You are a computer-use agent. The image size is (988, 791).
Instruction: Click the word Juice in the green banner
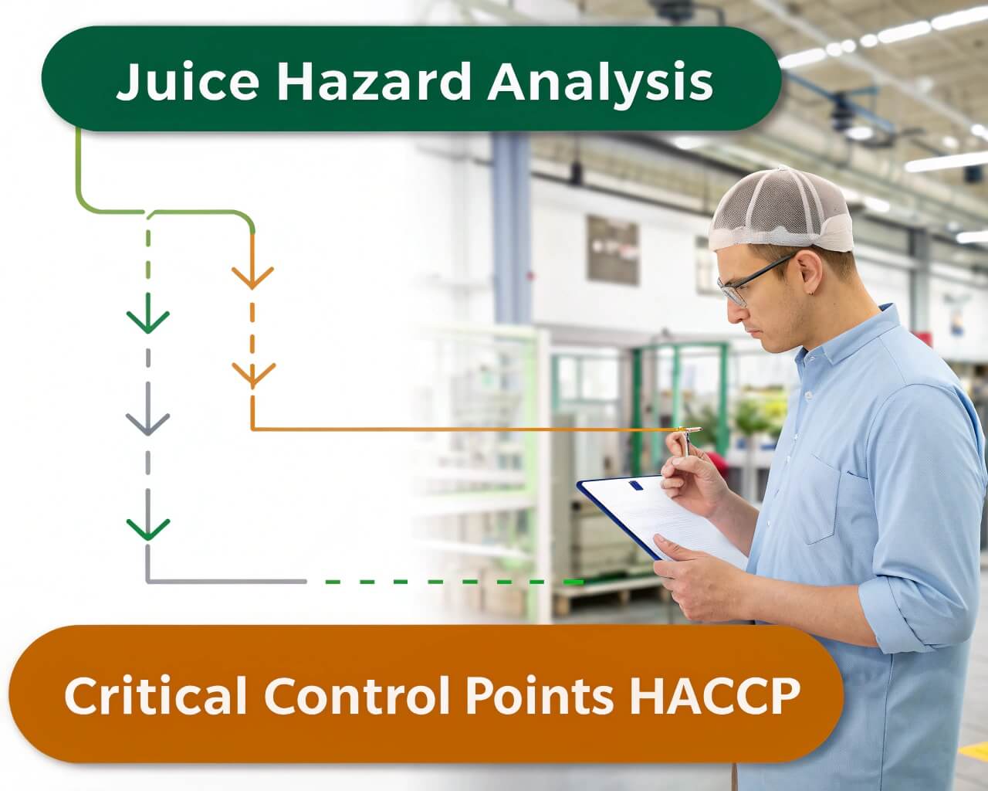188,82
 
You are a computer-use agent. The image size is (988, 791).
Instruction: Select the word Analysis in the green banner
600,84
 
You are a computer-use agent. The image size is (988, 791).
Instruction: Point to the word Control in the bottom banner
357,695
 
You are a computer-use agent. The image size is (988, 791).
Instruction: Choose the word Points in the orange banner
540,695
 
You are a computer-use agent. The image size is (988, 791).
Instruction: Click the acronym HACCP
715,695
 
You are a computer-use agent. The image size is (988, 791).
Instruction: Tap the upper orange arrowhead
252,277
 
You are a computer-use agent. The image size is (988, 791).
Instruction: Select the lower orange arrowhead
253,375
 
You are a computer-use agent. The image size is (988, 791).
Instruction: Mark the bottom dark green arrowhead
148,529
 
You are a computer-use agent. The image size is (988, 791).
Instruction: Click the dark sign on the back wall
612,250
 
